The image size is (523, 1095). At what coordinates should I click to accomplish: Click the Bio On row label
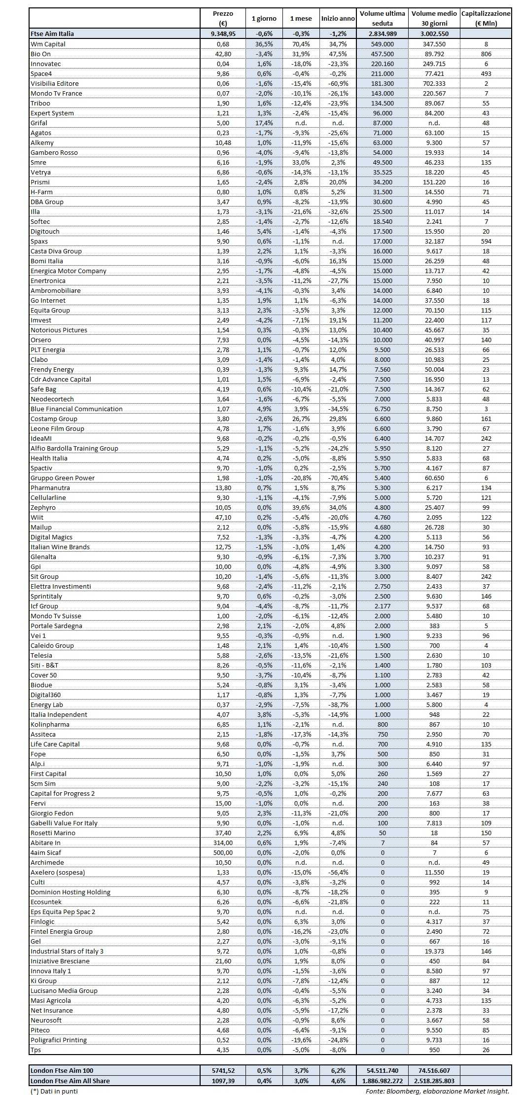coord(41,54)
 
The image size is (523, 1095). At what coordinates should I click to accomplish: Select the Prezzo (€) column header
coord(223,18)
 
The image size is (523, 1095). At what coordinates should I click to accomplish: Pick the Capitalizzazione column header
coord(486,18)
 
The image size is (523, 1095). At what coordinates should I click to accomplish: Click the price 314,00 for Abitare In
coord(223,843)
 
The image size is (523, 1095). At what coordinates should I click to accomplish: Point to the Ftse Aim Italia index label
coord(52,34)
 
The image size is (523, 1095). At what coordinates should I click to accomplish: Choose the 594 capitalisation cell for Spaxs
coord(486,241)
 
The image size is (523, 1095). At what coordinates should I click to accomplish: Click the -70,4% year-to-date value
coord(338,478)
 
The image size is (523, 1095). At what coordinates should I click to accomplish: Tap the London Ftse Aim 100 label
coord(62,1070)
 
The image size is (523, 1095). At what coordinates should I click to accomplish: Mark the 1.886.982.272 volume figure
coord(383,1081)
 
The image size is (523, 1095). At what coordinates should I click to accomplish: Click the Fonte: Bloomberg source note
coord(437,1091)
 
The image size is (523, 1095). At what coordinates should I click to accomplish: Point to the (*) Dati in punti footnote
coord(54,1091)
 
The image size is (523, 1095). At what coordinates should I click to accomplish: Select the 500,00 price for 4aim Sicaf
coord(223,852)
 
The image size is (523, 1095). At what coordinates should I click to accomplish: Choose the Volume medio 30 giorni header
coord(434,18)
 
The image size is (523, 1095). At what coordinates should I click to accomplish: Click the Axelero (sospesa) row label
coord(58,872)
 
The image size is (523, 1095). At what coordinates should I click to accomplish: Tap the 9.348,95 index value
coord(223,34)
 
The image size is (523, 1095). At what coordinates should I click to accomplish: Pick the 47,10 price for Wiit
coord(223,517)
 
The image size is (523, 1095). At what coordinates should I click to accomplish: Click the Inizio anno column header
coord(338,18)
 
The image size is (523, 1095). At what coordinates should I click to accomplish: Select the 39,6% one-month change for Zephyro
coord(301,507)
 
